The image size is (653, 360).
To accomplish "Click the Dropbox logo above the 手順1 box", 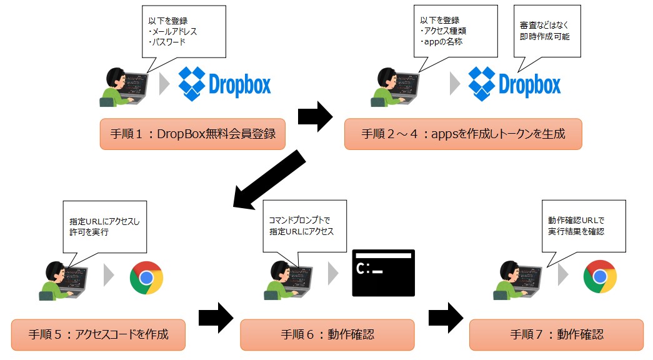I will (x=225, y=84).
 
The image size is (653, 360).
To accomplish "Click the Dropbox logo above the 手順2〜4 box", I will (x=514, y=84).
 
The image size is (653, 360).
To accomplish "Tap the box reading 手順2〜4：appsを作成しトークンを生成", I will (x=463, y=134).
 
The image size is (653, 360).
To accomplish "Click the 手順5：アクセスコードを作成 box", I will (x=98, y=334).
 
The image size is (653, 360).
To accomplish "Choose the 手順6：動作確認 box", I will (x=327, y=334).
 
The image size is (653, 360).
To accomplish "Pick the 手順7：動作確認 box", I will (x=556, y=334).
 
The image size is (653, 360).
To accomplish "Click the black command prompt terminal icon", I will (x=384, y=272).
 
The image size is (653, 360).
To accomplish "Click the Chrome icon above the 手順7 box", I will (x=600, y=276).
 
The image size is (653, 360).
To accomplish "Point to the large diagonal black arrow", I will (x=269, y=181).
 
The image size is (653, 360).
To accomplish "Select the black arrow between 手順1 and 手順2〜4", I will (x=316, y=116).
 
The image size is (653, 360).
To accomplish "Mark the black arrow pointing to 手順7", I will (x=446, y=317).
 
